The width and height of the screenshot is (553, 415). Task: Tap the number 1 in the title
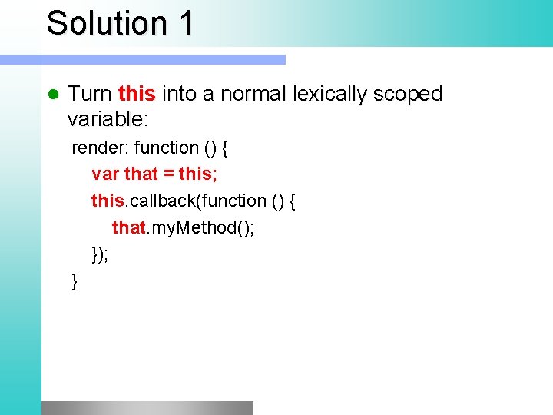coord(185,22)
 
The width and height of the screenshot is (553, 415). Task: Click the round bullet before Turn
coord(53,95)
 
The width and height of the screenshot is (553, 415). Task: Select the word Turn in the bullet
coord(90,94)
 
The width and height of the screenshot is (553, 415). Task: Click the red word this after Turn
coord(137,94)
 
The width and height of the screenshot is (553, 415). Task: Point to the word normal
coord(250,94)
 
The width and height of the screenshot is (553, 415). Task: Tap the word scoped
coord(408,95)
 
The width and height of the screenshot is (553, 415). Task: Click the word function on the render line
coord(166,148)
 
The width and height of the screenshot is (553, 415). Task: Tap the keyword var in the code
coord(105,174)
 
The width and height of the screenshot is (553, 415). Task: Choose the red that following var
coord(141,174)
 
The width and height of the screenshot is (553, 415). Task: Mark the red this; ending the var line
coord(198,174)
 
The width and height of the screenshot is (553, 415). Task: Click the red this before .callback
coord(107,201)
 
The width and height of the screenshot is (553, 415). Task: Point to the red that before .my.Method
coord(128,227)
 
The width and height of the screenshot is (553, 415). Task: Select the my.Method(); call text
coord(201,228)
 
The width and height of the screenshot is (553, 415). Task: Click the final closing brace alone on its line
coord(75,282)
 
